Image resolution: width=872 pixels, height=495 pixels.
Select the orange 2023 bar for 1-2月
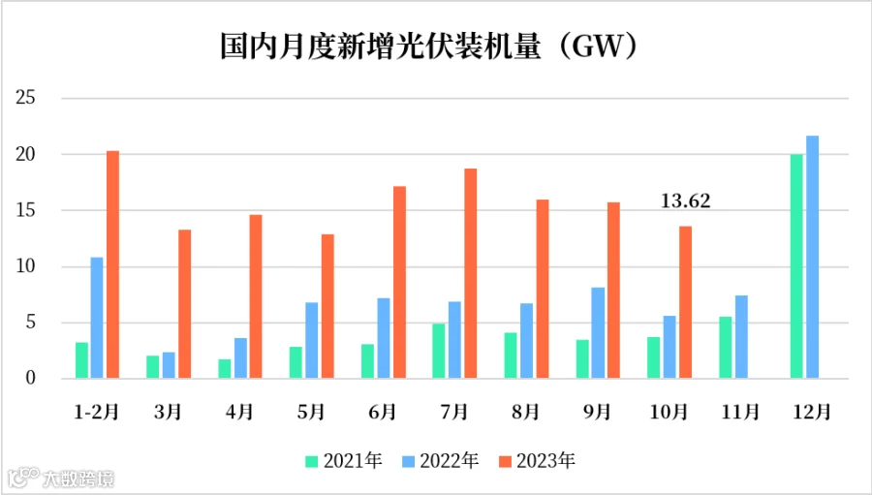[113, 264]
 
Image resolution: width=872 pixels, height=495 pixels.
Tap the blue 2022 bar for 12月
[813, 257]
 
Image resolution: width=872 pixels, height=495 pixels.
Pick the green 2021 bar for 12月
[796, 266]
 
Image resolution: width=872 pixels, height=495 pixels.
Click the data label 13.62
[686, 201]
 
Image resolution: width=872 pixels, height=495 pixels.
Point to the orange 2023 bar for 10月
[686, 302]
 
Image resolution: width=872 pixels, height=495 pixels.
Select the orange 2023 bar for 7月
[471, 273]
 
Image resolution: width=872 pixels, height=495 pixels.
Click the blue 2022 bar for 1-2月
[97, 318]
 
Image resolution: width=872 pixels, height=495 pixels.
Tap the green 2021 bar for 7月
[438, 351]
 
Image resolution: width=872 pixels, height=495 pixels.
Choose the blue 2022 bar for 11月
[741, 337]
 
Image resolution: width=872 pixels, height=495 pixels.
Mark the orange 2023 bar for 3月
[185, 304]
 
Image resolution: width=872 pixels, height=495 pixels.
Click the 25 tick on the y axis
[25, 98]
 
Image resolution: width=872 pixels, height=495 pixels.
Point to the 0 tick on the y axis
[31, 378]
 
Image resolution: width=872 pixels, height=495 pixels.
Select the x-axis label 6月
[382, 412]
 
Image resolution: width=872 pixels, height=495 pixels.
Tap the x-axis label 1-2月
[97, 412]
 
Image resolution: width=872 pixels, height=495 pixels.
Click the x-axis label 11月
[741, 412]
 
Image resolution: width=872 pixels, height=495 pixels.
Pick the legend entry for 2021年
[344, 461]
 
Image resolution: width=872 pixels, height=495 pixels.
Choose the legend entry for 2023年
[537, 461]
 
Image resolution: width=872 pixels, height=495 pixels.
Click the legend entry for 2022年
[440, 461]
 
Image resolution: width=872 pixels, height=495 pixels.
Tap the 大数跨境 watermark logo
[61, 478]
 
